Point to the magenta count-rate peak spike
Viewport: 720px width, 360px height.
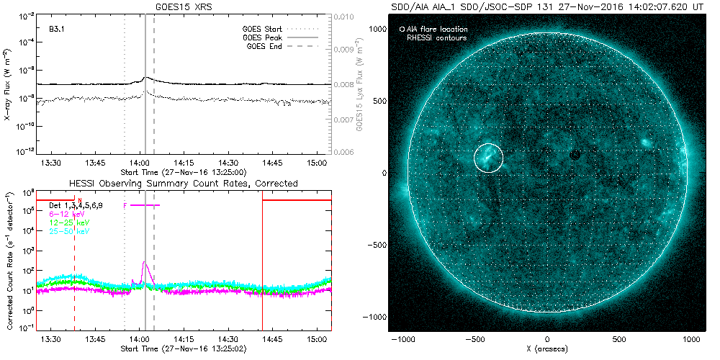coord(144,263)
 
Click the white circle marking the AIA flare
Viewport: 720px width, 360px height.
coord(489,157)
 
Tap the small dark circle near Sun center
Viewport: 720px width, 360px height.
coord(575,155)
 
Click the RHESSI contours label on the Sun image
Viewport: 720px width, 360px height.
coord(437,37)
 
